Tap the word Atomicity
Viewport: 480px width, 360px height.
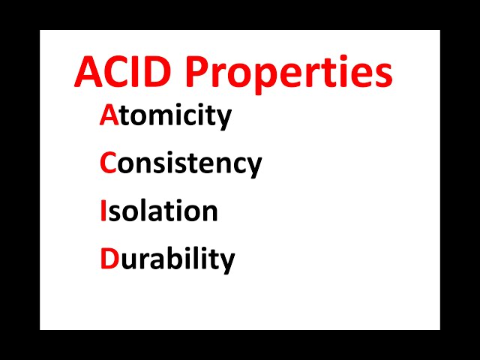coord(165,115)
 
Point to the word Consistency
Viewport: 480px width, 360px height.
coord(181,163)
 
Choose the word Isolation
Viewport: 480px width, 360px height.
coord(158,211)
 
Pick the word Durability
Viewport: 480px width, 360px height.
coord(167,259)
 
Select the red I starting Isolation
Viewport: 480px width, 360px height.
coord(103,211)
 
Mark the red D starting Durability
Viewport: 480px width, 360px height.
coord(109,259)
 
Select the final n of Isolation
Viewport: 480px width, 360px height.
coord(210,213)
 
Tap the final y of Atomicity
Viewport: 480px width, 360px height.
coord(223,120)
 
